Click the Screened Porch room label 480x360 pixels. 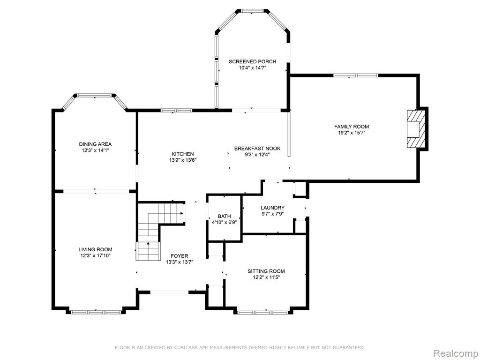pyautogui.click(x=252, y=61)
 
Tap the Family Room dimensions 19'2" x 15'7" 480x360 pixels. pyautogui.click(x=352, y=133)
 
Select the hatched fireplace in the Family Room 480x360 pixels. pyautogui.click(x=416, y=129)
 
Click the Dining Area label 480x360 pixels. pyautogui.click(x=95, y=144)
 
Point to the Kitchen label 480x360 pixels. pyautogui.click(x=182, y=154)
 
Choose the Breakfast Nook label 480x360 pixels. pyautogui.click(x=257, y=149)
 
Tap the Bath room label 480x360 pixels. pyautogui.click(x=225, y=217)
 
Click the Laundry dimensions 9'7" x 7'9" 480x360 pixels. pyautogui.click(x=272, y=214)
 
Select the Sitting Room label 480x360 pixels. pyautogui.click(x=266, y=271)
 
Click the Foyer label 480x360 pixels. pyautogui.click(x=180, y=256)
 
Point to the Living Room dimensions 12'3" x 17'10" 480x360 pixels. pyautogui.click(x=95, y=255)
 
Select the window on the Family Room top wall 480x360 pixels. pyautogui.click(x=356, y=75)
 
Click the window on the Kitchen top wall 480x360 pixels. pyautogui.click(x=177, y=111)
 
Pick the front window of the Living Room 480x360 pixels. pyautogui.click(x=96, y=312)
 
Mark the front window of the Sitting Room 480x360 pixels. pyautogui.click(x=262, y=313)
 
